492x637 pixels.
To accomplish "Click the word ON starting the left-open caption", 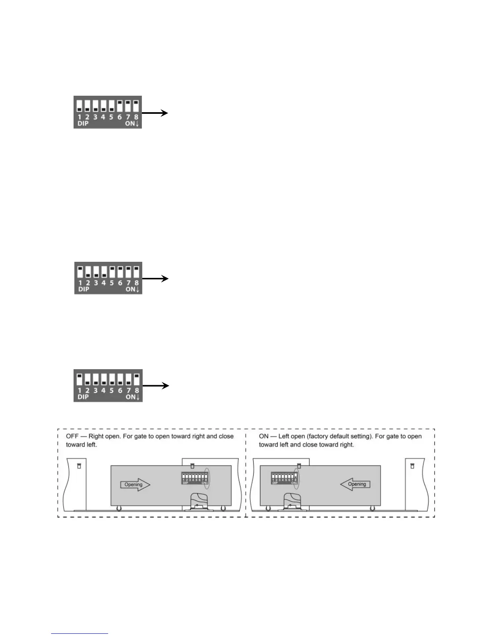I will click(264, 436).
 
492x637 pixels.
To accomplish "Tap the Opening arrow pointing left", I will click(355, 484).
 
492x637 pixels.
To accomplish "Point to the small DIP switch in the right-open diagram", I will click(195, 477).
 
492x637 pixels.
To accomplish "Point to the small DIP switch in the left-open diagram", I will click(284, 477).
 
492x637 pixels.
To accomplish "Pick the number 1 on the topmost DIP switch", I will click(80, 117).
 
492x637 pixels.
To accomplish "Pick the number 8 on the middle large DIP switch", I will click(136, 283).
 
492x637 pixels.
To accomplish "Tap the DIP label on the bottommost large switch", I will click(83, 397).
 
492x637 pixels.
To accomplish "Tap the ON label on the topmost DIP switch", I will click(130, 123).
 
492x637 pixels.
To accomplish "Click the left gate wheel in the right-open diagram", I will click(119, 508).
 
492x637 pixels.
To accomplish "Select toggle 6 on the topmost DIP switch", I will click(119, 106).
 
